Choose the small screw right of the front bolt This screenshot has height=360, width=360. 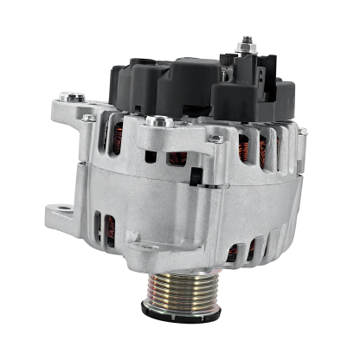(x=215, y=138)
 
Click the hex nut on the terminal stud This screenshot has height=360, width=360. (x=247, y=51)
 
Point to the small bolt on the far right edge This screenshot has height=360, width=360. (x=302, y=132)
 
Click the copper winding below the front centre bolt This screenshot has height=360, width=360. (x=177, y=158)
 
